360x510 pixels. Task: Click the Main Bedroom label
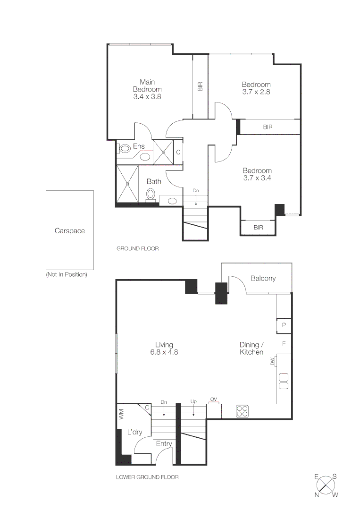click(x=147, y=85)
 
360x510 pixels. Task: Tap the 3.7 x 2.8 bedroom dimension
click(x=256, y=92)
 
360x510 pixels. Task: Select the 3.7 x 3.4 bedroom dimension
click(x=257, y=178)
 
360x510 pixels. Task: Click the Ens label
click(x=138, y=146)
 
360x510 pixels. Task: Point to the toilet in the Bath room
click(x=151, y=194)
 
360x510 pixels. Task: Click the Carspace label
click(x=70, y=231)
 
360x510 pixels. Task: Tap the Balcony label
click(x=263, y=278)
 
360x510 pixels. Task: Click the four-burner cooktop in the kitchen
click(x=243, y=411)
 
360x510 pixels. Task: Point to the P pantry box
click(x=284, y=325)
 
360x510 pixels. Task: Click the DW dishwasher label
click(x=272, y=361)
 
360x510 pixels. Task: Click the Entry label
click(x=164, y=443)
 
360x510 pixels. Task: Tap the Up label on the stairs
click(x=194, y=402)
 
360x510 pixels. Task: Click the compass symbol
click(x=326, y=485)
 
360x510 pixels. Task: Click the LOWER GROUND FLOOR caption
click(x=147, y=477)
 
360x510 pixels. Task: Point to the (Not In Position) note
click(x=67, y=274)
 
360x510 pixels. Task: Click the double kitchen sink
click(x=284, y=381)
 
